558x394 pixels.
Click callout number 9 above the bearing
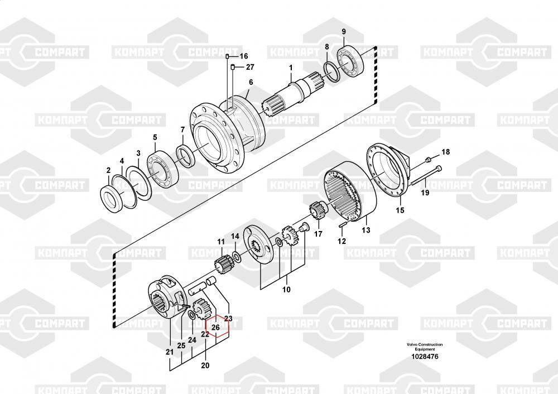[x=344, y=32]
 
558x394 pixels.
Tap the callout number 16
[x=244, y=56]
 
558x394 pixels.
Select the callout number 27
[x=250, y=67]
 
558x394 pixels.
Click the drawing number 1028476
[x=425, y=357]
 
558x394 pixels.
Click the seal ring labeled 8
[x=332, y=72]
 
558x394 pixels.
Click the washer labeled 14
[x=237, y=257]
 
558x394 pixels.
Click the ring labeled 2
[x=113, y=199]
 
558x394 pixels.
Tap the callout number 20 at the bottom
[x=205, y=365]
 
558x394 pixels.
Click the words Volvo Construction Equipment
[x=425, y=347]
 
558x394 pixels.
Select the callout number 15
[x=400, y=210]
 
